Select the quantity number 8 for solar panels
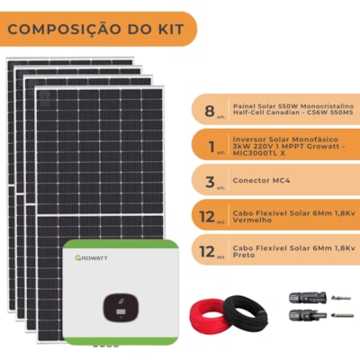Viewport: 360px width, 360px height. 210,111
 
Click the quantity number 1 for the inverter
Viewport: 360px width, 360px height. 211,147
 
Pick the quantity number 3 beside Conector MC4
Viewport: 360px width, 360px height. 210,182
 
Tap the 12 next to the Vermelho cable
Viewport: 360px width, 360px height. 207,217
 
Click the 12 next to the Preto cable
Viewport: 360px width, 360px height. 207,252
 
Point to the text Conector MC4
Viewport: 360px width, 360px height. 261,180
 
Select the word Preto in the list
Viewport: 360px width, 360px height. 244,255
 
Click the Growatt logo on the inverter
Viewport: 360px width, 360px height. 91,257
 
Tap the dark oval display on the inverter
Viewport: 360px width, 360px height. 121,307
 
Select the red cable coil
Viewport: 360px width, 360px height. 209,314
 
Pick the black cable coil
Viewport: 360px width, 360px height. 246,313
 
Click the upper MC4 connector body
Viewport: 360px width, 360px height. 307,297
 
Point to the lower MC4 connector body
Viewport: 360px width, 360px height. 307,315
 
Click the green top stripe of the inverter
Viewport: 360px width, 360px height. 121,245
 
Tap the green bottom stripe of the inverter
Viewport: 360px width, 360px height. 121,341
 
